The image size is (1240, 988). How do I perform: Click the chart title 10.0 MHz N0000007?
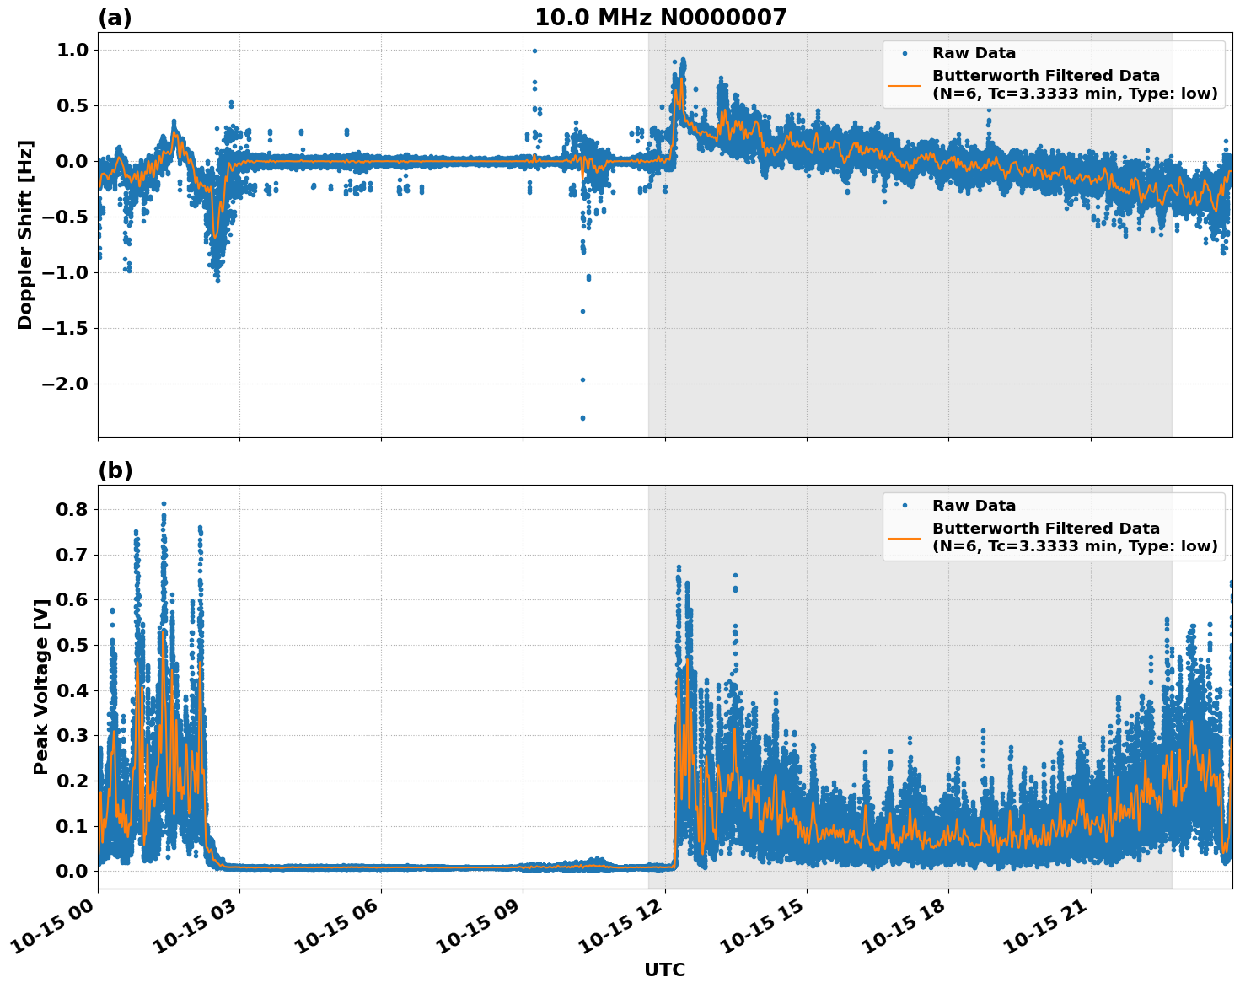click(x=660, y=18)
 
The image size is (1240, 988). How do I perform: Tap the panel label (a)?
click(x=115, y=18)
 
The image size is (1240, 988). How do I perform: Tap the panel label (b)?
click(x=115, y=470)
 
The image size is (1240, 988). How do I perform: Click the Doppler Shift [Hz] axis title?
click(x=25, y=234)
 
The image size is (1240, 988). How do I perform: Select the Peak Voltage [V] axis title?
click(x=40, y=685)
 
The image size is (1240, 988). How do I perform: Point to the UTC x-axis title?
click(x=664, y=969)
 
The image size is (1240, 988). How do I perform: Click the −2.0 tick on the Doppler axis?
click(x=64, y=384)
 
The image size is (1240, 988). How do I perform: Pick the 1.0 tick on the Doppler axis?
click(x=72, y=50)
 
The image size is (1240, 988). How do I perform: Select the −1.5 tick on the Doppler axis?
click(x=64, y=328)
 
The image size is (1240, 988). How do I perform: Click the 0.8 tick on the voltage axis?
click(x=72, y=509)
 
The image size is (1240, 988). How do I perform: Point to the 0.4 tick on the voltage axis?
click(x=72, y=690)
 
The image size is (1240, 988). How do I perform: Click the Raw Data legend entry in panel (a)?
click(x=974, y=53)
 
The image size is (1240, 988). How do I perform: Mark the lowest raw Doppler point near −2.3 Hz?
click(x=582, y=417)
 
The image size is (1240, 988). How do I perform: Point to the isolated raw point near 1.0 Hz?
click(x=534, y=51)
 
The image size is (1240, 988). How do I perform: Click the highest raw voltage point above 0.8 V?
click(x=164, y=503)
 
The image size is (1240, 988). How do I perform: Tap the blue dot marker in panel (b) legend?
click(x=905, y=506)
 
